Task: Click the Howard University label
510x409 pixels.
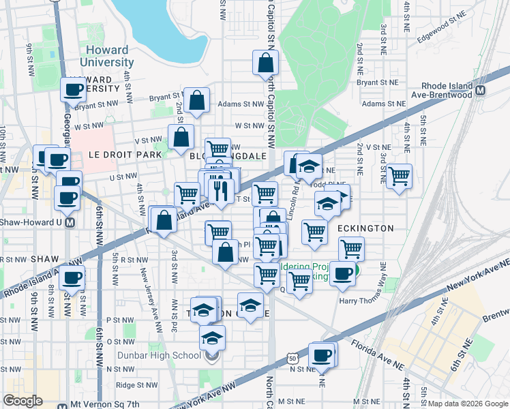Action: pyautogui.click(x=110, y=56)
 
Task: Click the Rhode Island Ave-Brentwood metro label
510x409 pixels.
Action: pyautogui.click(x=447, y=91)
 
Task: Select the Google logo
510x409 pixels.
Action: pyautogui.click(x=22, y=401)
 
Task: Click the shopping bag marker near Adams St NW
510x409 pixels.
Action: pyautogui.click(x=196, y=101)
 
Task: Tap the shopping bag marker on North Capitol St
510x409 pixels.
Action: pyautogui.click(x=265, y=63)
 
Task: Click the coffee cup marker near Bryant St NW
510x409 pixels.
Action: pyautogui.click(x=73, y=89)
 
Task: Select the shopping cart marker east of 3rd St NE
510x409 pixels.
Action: pyautogui.click(x=399, y=176)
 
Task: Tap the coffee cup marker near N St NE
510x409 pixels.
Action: pyautogui.click(x=321, y=355)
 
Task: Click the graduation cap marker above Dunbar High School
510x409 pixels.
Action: pyautogui.click(x=213, y=337)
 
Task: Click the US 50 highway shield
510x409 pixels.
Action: pyautogui.click(x=292, y=358)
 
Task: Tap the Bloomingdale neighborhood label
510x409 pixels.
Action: pyautogui.click(x=227, y=155)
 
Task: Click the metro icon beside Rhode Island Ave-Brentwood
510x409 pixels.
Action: pyautogui.click(x=481, y=91)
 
